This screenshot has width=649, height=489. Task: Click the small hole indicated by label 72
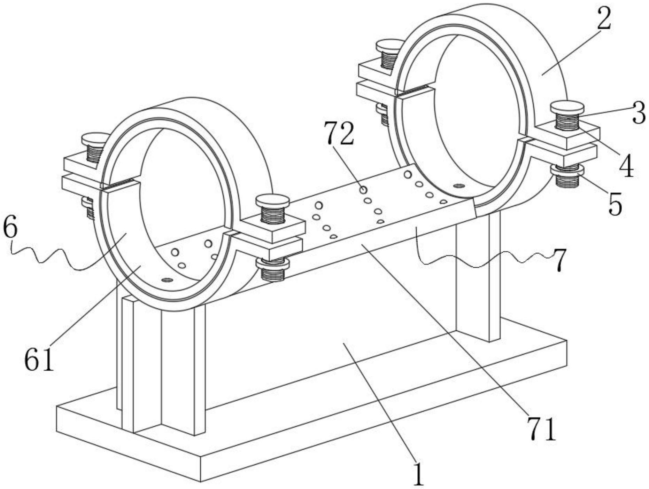[363, 190]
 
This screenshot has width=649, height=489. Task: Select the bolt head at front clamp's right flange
[272, 201]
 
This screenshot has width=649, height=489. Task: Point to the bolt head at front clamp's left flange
[95, 139]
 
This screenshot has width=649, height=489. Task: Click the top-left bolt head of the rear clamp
[389, 45]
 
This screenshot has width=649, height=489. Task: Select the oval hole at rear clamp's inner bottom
[459, 186]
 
